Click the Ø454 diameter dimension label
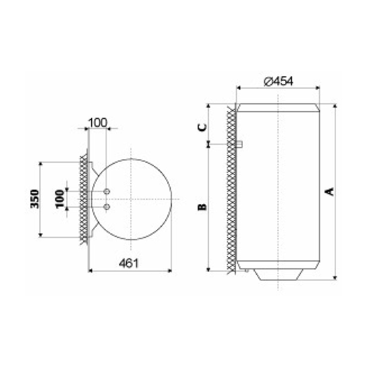point(278,82)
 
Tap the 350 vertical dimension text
point(35,199)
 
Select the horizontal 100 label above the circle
point(98,123)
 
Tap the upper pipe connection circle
point(107,191)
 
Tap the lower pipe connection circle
point(107,207)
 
